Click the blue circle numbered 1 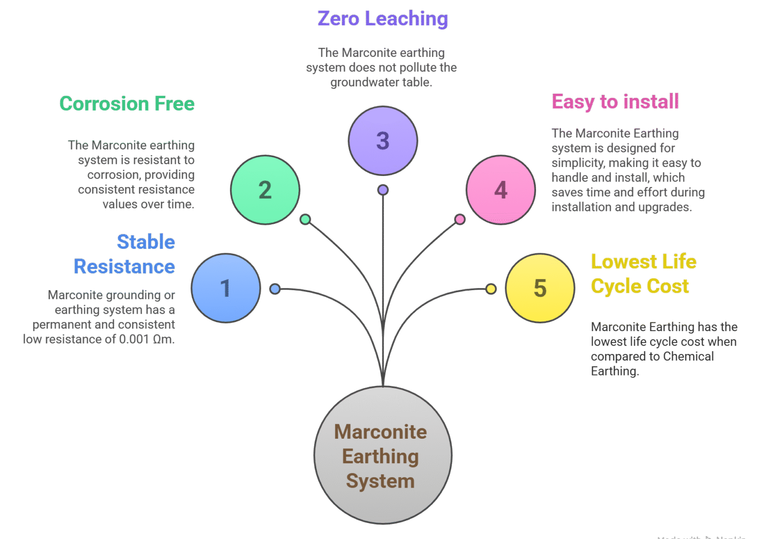click(226, 288)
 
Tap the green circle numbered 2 click(265, 190)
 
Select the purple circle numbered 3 click(383, 141)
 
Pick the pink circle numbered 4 click(501, 190)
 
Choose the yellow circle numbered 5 click(540, 288)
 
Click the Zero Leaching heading click(383, 19)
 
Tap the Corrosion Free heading click(127, 104)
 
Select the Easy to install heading click(615, 102)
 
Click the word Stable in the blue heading click(146, 242)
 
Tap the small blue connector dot click(275, 289)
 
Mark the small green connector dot click(305, 219)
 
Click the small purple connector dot click(383, 190)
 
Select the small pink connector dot click(460, 219)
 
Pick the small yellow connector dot click(491, 289)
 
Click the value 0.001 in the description click(134, 340)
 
